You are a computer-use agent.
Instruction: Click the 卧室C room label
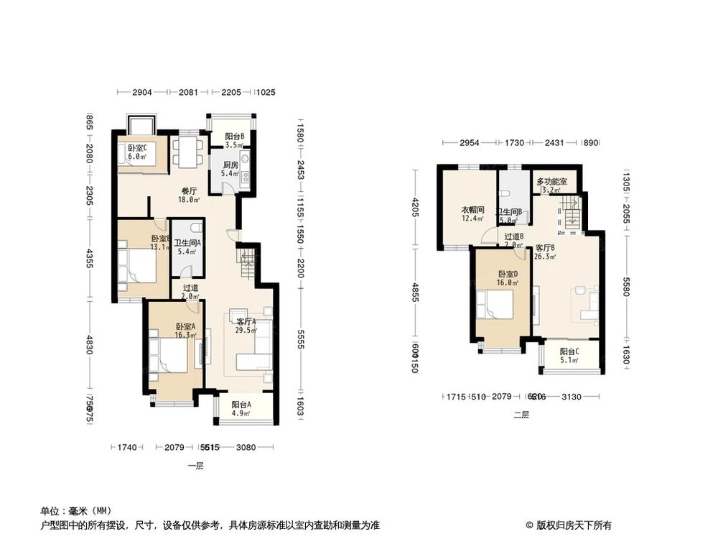[x=137, y=148]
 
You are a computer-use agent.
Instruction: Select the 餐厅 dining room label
[x=188, y=192]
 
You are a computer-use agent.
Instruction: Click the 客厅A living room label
[x=246, y=321]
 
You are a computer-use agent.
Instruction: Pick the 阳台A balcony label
[x=241, y=405]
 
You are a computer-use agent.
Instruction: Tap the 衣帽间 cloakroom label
[x=472, y=210]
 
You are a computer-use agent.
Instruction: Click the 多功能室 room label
[x=551, y=182]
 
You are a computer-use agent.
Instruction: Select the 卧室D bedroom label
[x=507, y=274]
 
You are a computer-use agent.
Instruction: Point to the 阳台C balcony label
[x=569, y=352]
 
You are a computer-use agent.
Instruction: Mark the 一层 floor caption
[x=195, y=466]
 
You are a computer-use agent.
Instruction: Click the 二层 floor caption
[x=521, y=415]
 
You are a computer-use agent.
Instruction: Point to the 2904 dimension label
[x=142, y=93]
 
